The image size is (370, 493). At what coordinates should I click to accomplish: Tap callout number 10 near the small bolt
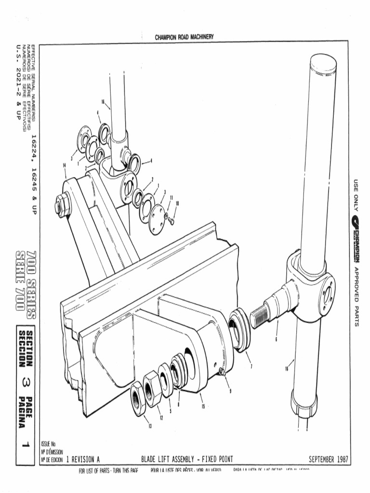click(x=177, y=203)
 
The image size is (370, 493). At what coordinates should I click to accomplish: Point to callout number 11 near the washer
click(x=171, y=197)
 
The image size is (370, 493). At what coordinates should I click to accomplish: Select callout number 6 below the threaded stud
click(x=277, y=338)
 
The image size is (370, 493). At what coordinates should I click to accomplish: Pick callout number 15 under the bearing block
click(x=203, y=406)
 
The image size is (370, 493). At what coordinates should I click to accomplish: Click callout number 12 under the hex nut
click(x=161, y=418)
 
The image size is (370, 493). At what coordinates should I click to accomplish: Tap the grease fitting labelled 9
click(x=222, y=371)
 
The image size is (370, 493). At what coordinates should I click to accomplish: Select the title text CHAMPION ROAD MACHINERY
click(x=185, y=37)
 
